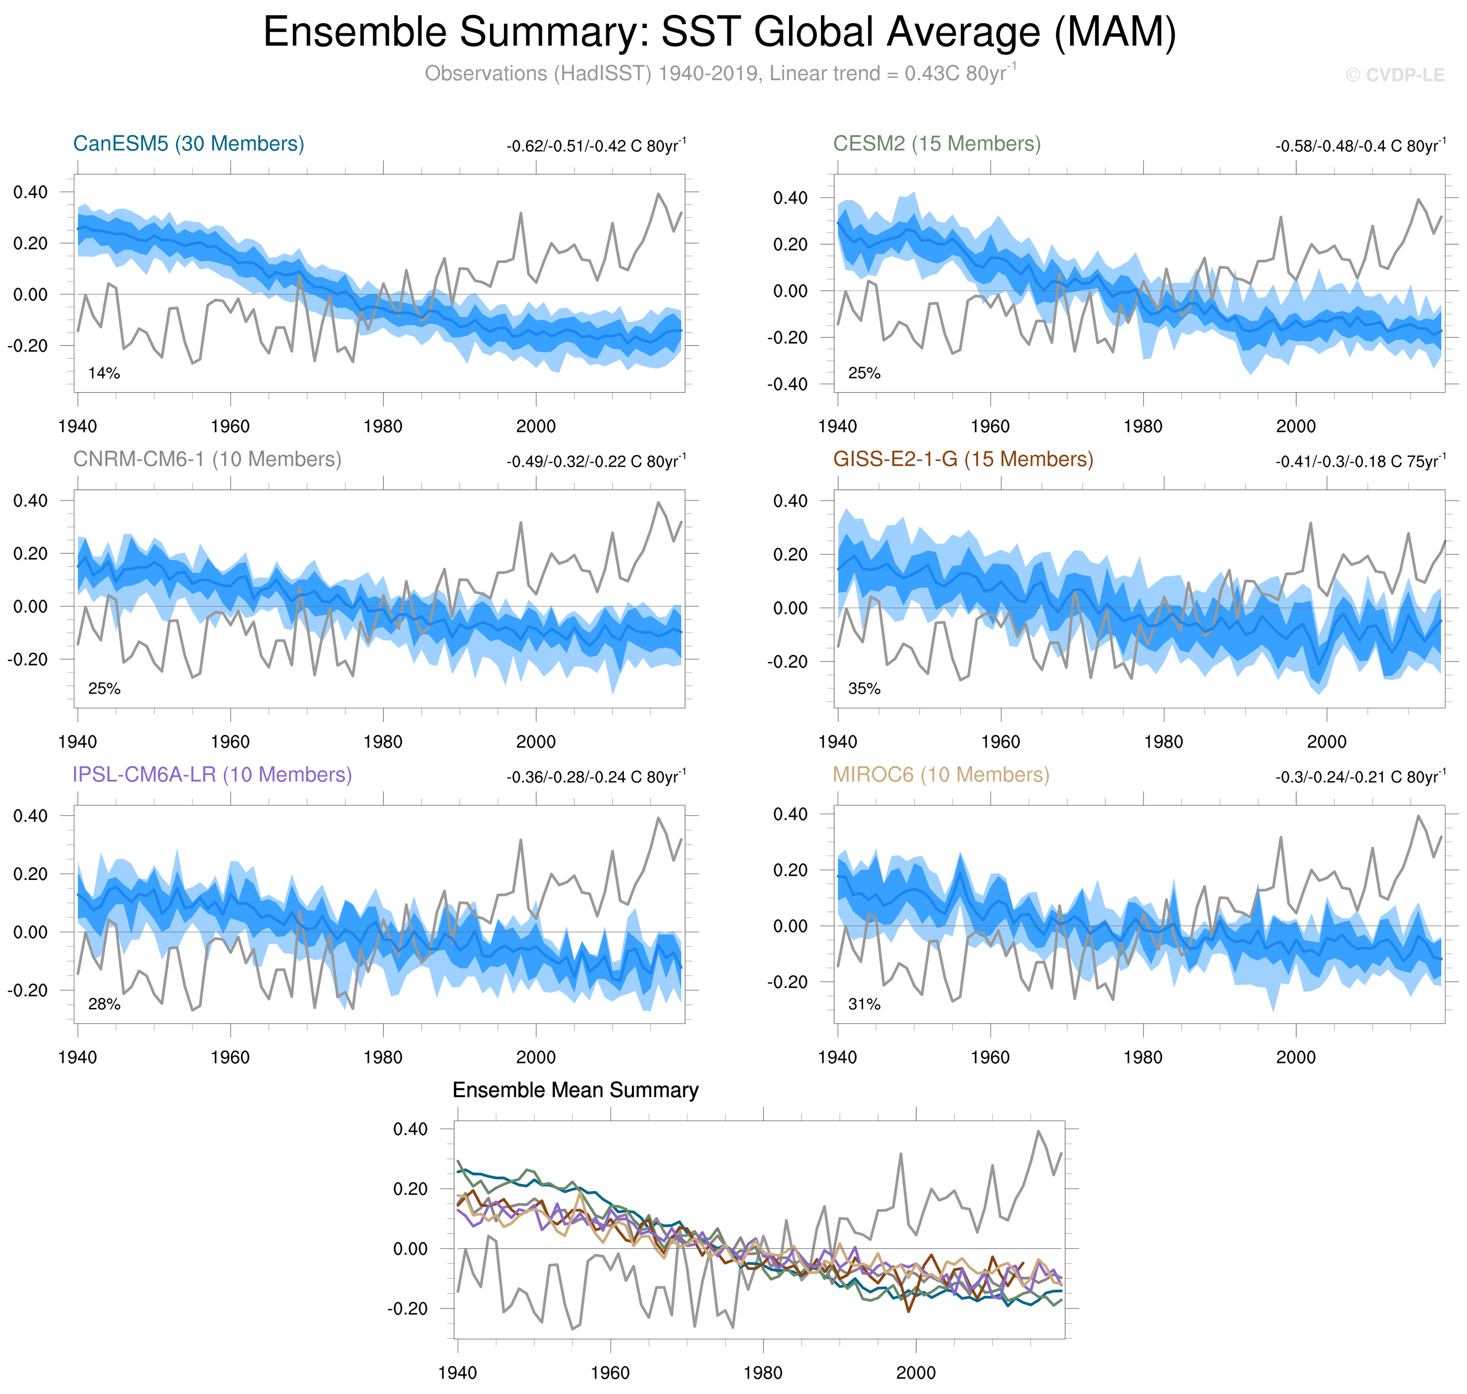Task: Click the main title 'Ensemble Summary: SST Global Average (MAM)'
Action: tap(719, 33)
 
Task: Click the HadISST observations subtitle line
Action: tap(719, 73)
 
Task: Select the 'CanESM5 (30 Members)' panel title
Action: tap(189, 143)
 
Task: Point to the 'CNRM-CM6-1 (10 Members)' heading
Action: tap(206, 459)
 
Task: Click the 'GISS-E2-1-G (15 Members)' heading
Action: tap(963, 459)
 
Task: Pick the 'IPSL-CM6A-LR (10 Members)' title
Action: tap(212, 774)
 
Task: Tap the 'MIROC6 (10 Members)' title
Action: tap(940, 774)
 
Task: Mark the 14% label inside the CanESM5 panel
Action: tap(104, 373)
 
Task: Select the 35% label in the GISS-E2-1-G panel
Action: tap(864, 689)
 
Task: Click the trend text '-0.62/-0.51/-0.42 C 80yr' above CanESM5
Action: tap(596, 146)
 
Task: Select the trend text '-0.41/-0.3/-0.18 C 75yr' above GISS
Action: tap(1360, 461)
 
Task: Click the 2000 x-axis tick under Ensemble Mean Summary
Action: tap(915, 1372)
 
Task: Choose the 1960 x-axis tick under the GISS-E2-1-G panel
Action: tap(1000, 742)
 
